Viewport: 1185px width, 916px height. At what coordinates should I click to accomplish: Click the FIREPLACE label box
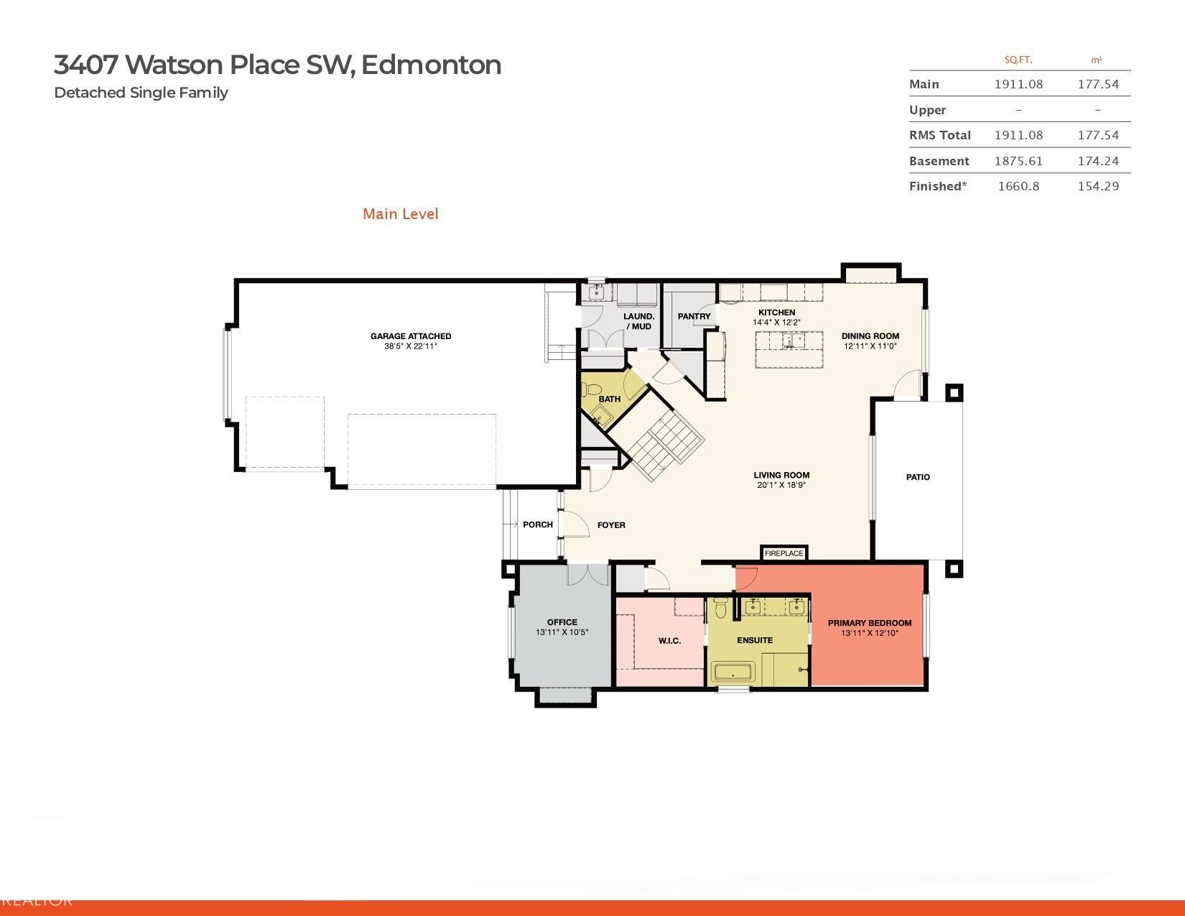coord(784,553)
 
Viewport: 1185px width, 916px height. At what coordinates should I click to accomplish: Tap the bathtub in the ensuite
coord(733,673)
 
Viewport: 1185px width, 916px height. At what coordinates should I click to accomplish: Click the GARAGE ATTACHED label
coord(411,336)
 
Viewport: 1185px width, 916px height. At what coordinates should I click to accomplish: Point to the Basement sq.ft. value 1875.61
coord(1018,161)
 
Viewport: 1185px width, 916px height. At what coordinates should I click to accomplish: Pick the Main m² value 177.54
coord(1097,84)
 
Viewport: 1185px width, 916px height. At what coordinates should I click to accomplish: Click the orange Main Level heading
coord(400,214)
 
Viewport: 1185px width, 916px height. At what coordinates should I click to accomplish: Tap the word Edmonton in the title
coord(431,65)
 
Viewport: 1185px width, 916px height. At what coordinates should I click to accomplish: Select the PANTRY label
coord(694,316)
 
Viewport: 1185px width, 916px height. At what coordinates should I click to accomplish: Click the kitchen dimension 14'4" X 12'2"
coord(776,323)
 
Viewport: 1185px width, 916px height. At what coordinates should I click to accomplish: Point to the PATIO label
coord(917,477)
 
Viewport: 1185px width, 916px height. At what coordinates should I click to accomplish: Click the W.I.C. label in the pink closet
coord(669,641)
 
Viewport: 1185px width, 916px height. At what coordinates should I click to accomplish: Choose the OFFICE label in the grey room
coord(562,622)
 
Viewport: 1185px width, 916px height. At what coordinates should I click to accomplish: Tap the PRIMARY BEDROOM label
coord(869,623)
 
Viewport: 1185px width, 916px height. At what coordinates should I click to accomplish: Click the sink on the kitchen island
coord(793,341)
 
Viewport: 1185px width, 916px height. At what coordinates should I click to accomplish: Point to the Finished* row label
coord(937,186)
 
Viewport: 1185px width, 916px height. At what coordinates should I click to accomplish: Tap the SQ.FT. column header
coord(1018,60)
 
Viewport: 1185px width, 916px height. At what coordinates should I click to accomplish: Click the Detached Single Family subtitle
coord(141,93)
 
